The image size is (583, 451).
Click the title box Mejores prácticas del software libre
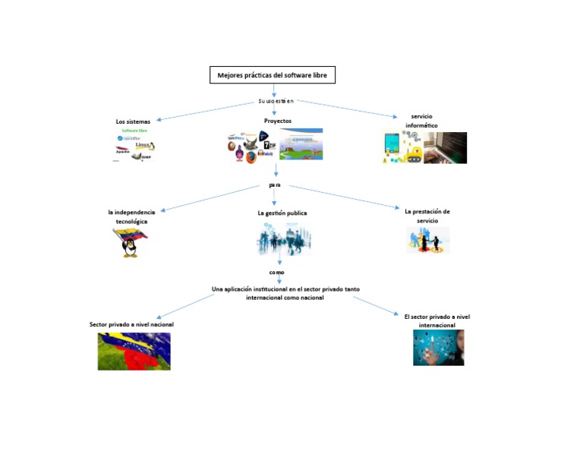272,75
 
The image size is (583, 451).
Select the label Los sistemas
133,121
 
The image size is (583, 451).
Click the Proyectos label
277,121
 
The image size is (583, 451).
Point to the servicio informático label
421,121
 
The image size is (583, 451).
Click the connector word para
275,184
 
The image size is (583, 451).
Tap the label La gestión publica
282,213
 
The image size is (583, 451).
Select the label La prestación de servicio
427,216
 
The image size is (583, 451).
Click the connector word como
276,272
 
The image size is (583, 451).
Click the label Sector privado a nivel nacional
131,324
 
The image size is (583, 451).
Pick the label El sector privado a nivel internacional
436,320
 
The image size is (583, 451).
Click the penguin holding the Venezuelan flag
130,242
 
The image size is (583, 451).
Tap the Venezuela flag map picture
134,351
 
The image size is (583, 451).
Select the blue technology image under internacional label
438,348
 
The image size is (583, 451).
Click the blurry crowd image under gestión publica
284,240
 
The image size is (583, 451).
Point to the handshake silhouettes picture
427,240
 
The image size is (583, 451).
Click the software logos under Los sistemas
134,146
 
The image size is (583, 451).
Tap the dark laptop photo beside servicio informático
446,148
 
